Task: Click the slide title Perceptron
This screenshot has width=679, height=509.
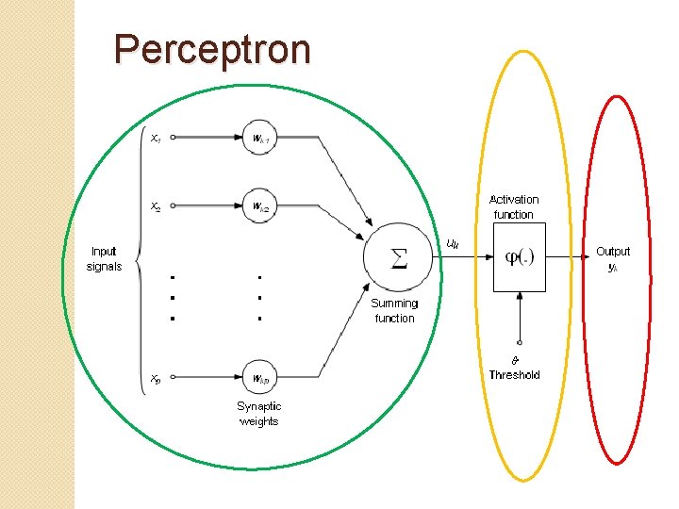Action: click(211, 50)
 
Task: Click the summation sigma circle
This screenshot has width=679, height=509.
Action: click(399, 257)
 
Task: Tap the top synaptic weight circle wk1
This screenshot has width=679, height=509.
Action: click(260, 138)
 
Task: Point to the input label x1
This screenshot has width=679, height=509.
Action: click(156, 139)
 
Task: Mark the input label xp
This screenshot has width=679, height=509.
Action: click(156, 379)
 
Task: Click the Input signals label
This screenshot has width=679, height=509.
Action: click(104, 258)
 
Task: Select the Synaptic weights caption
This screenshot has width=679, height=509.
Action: click(258, 414)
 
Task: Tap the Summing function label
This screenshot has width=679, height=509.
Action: click(394, 310)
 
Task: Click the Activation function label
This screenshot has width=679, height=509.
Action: click(514, 206)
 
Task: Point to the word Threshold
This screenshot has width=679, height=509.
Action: click(514, 375)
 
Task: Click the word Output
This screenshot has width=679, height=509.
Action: click(613, 252)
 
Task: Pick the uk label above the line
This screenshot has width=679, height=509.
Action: click(453, 244)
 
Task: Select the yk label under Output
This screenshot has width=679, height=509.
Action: click(613, 268)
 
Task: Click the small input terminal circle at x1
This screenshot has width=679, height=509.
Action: click(174, 138)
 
